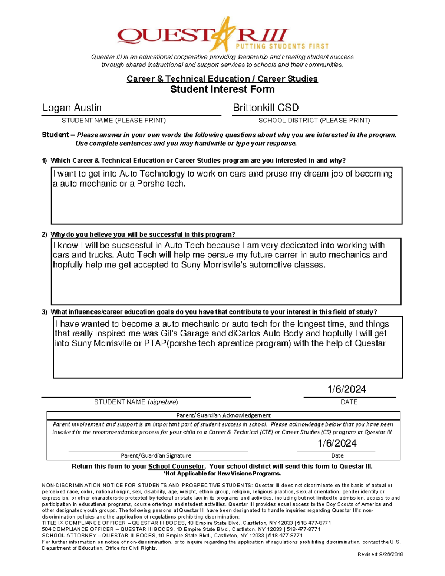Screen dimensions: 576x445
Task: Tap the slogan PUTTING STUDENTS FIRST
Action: [x=282, y=46]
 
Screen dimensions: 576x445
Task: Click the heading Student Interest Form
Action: [x=222, y=89]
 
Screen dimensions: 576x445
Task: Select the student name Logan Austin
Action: [x=72, y=108]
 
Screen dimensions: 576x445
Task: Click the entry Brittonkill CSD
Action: [x=266, y=108]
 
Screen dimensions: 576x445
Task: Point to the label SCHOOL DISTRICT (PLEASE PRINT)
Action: [x=314, y=120]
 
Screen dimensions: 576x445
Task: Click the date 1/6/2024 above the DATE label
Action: [x=346, y=389]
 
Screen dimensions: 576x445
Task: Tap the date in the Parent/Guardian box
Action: [x=337, y=443]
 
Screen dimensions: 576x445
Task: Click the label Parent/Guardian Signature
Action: [x=156, y=455]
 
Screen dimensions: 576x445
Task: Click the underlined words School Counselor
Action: [x=176, y=467]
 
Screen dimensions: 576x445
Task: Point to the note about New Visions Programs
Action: [x=222, y=474]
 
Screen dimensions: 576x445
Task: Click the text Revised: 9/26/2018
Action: [x=380, y=554]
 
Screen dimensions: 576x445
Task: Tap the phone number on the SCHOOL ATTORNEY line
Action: [x=286, y=536]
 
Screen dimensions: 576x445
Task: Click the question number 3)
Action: [x=44, y=312]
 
